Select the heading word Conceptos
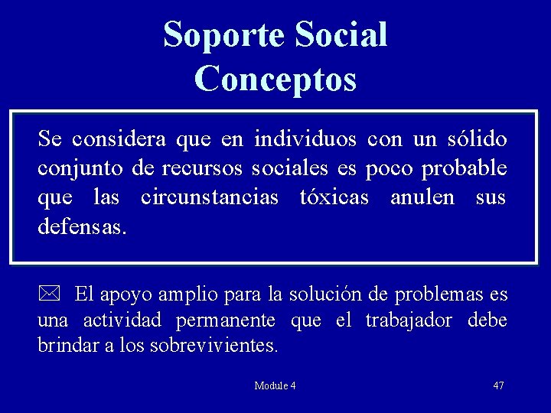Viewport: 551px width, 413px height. (x=275, y=79)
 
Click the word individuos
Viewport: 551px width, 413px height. (x=305, y=139)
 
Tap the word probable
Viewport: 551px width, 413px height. (x=465, y=168)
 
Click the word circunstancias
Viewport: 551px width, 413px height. (x=210, y=197)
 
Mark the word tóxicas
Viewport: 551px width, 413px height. (x=334, y=197)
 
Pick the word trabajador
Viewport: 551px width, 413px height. (x=409, y=320)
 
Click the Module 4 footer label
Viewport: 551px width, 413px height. (x=275, y=385)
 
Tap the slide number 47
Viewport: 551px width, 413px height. (x=498, y=385)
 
